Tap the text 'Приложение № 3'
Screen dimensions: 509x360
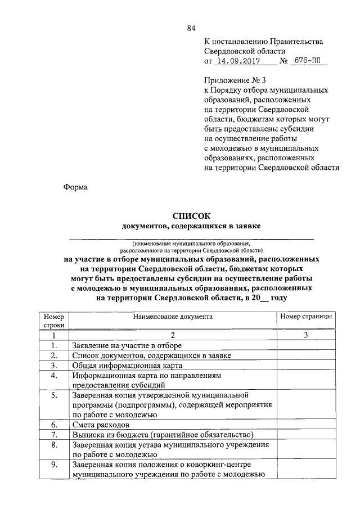click(x=231, y=81)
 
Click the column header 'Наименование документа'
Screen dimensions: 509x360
click(x=173, y=317)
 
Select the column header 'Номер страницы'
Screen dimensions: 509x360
click(x=306, y=317)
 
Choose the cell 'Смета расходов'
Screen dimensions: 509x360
click(x=101, y=425)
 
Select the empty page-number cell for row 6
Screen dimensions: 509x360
click(x=306, y=425)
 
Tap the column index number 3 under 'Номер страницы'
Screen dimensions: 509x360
click(x=306, y=335)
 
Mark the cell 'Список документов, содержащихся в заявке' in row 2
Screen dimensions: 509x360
click(x=151, y=355)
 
